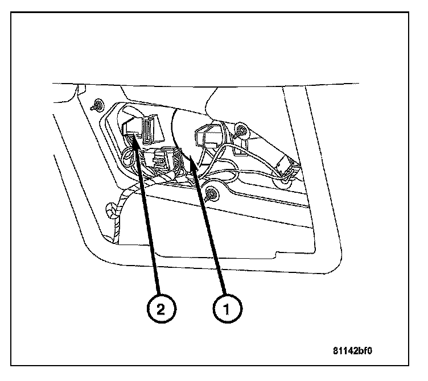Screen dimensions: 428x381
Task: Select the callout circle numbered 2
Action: click(x=162, y=309)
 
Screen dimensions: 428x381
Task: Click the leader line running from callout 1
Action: click(x=211, y=233)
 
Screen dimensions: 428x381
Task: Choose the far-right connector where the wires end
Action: click(x=285, y=165)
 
